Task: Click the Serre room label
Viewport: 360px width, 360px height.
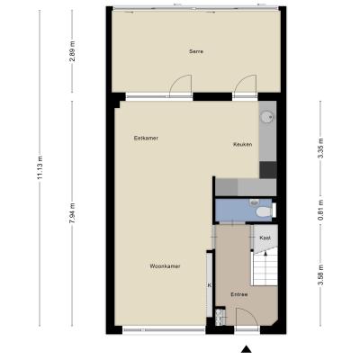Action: click(196, 51)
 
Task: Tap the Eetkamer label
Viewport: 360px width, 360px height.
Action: click(146, 139)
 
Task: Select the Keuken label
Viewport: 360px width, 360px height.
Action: click(242, 145)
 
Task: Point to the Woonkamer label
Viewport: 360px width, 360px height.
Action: click(165, 266)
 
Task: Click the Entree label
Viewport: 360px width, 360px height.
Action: click(239, 294)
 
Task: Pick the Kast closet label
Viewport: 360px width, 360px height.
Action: click(265, 238)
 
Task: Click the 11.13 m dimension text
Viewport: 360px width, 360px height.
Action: click(40, 167)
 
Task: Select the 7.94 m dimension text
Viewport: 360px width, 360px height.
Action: click(72, 213)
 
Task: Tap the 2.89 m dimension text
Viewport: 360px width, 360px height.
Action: click(72, 51)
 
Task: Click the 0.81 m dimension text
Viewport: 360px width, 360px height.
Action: click(320, 210)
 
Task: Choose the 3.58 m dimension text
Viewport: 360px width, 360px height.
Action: click(320, 275)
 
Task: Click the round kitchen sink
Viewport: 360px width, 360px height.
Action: click(266, 116)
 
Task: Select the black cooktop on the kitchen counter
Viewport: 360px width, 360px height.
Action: click(268, 170)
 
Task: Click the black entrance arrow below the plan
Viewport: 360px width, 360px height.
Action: click(247, 349)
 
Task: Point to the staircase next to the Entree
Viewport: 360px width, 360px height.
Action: click(265, 269)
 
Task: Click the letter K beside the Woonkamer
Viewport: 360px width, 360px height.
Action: click(210, 285)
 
